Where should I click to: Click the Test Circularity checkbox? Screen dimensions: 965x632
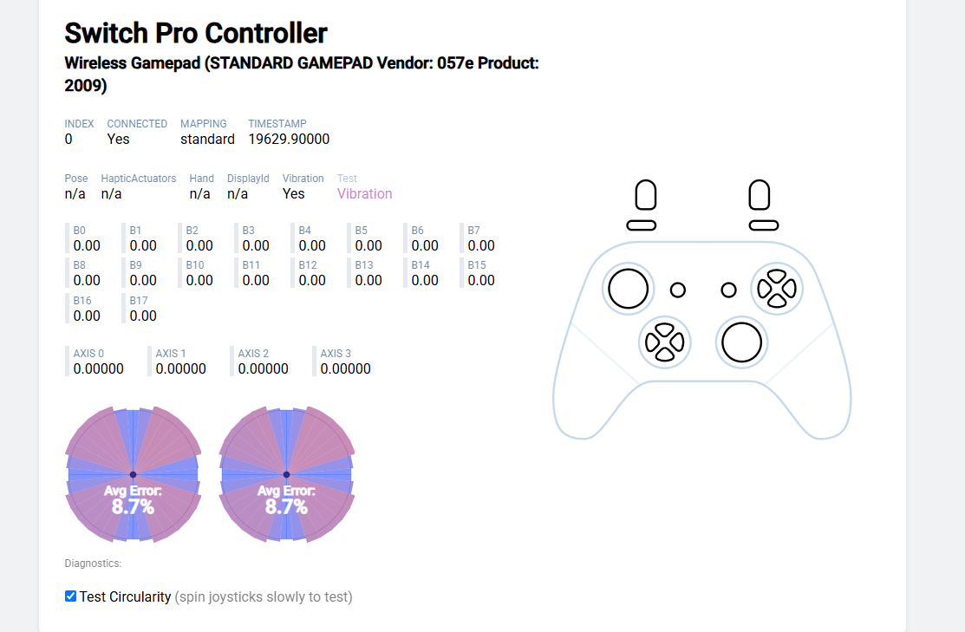(x=71, y=596)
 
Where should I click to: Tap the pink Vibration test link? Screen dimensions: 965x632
(x=364, y=194)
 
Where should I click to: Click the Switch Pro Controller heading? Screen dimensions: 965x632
(x=196, y=33)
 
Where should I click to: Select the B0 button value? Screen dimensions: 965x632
(x=87, y=245)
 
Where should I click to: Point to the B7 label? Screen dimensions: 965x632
(x=474, y=230)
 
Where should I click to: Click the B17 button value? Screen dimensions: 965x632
(x=143, y=316)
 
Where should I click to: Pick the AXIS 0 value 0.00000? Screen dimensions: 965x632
(x=99, y=368)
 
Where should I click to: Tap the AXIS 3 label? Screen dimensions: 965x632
(x=336, y=353)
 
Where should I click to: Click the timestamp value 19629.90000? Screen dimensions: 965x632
(x=289, y=139)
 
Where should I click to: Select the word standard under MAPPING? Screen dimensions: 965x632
(x=207, y=139)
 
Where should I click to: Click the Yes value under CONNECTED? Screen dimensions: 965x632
(x=118, y=139)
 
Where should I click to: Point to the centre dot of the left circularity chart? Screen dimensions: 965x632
(x=133, y=474)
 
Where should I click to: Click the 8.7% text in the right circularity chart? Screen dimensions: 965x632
(x=286, y=506)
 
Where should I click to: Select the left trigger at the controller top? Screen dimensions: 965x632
(x=646, y=195)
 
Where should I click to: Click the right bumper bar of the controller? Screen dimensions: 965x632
(x=764, y=226)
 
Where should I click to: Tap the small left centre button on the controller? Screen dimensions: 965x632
(x=678, y=290)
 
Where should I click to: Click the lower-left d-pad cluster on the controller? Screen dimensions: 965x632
(x=665, y=342)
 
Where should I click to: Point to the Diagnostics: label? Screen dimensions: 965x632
(x=93, y=563)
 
